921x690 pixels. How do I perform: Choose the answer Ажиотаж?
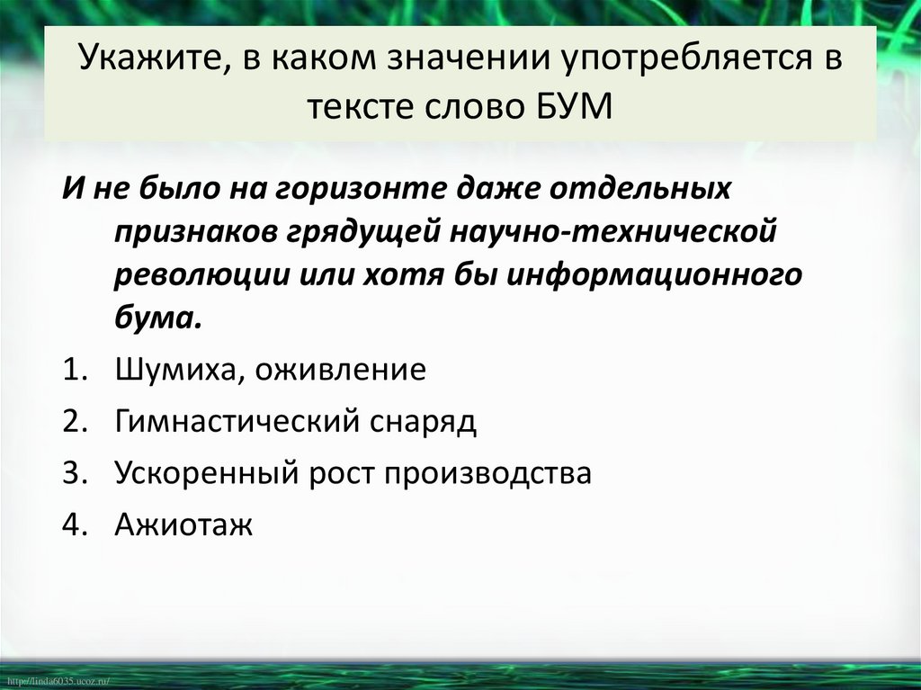click(x=183, y=524)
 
